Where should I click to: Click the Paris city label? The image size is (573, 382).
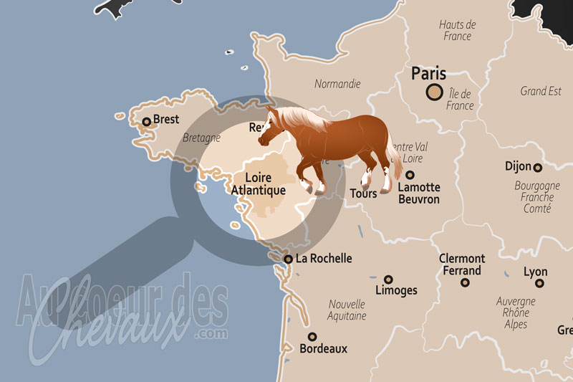(x=428, y=73)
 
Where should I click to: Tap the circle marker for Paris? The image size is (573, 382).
(x=434, y=92)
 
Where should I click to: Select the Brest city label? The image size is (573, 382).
(x=166, y=120)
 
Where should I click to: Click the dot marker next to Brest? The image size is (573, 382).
(x=147, y=122)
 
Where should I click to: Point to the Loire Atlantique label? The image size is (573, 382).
(x=258, y=183)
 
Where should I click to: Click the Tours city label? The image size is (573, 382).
(x=363, y=194)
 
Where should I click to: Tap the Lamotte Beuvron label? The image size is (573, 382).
(x=419, y=194)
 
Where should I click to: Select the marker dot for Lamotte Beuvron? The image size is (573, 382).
(x=410, y=175)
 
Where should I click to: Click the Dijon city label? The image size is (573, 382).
(x=518, y=166)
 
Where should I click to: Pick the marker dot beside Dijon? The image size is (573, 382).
(x=537, y=168)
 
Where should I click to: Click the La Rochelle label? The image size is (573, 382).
(x=324, y=258)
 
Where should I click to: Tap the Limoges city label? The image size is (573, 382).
(x=396, y=290)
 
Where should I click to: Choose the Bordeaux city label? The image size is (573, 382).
(x=324, y=348)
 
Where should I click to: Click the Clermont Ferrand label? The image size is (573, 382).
(x=462, y=264)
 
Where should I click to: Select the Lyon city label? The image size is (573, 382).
(x=536, y=272)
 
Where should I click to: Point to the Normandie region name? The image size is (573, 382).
(x=337, y=84)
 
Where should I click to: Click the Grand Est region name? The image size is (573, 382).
(x=541, y=91)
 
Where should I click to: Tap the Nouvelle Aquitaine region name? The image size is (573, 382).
(x=347, y=310)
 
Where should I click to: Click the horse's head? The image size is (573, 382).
(x=270, y=129)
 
